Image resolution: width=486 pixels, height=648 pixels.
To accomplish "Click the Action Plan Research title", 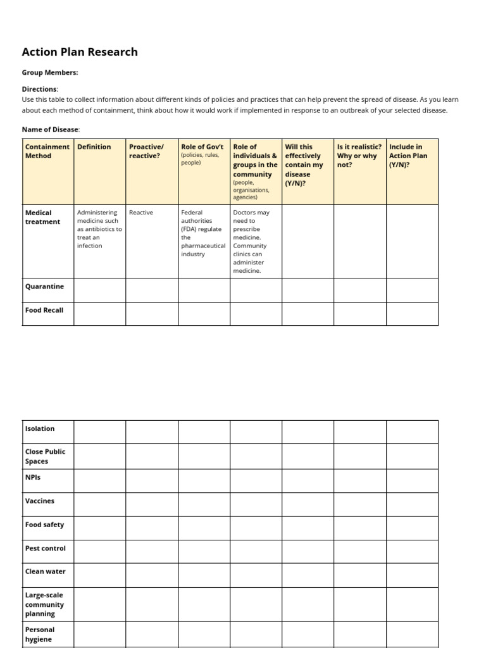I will point(80,52).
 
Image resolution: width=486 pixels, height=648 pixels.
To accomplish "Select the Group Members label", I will point(50,73).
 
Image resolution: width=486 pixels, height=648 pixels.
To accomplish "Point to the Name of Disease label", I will point(51,129).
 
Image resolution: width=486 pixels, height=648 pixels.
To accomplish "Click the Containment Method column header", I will point(47,151).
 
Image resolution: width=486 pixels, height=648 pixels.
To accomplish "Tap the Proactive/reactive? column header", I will point(146,151).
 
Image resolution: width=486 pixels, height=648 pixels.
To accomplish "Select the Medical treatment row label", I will point(42,217).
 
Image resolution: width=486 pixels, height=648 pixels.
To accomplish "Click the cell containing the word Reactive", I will point(141,213).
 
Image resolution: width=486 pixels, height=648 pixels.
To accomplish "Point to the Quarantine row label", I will point(44,287).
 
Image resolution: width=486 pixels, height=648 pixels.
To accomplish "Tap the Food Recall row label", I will point(44,310).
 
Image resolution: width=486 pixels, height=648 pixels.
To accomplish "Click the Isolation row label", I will point(40,428).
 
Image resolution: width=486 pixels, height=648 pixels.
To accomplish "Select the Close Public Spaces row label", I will point(45,456).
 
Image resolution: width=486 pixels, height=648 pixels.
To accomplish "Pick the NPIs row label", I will point(33,477).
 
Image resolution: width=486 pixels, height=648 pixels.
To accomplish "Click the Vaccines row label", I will point(40,501).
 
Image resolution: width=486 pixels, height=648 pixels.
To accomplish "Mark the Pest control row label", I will point(45,548).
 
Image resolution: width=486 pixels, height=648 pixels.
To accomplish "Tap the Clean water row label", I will point(45,571).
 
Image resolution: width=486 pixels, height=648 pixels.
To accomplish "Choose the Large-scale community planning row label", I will point(44,604).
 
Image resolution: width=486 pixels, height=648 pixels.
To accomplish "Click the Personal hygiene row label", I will point(40,634).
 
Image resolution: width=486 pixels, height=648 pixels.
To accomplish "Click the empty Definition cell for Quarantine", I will point(99,290).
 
